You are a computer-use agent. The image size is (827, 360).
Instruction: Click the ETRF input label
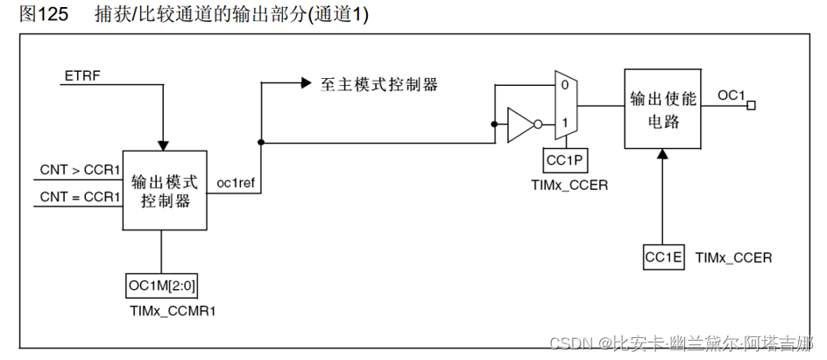(82, 77)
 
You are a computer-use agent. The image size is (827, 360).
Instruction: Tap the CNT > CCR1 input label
(80, 169)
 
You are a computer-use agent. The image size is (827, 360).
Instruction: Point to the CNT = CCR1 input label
(80, 196)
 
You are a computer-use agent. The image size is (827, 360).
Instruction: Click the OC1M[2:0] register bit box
(161, 285)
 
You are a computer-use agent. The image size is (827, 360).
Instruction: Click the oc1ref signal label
(235, 183)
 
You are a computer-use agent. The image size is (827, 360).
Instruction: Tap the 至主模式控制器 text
(378, 84)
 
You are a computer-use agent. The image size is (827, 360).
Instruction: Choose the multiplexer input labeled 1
(565, 122)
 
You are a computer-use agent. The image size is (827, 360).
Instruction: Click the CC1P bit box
(562, 160)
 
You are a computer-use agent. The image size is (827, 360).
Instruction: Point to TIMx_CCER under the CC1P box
(569, 185)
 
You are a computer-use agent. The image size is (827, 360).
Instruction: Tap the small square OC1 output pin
(751, 105)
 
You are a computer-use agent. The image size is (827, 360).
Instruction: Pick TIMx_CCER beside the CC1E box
(733, 258)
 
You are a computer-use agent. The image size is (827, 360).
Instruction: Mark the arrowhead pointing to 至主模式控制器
(306, 84)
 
